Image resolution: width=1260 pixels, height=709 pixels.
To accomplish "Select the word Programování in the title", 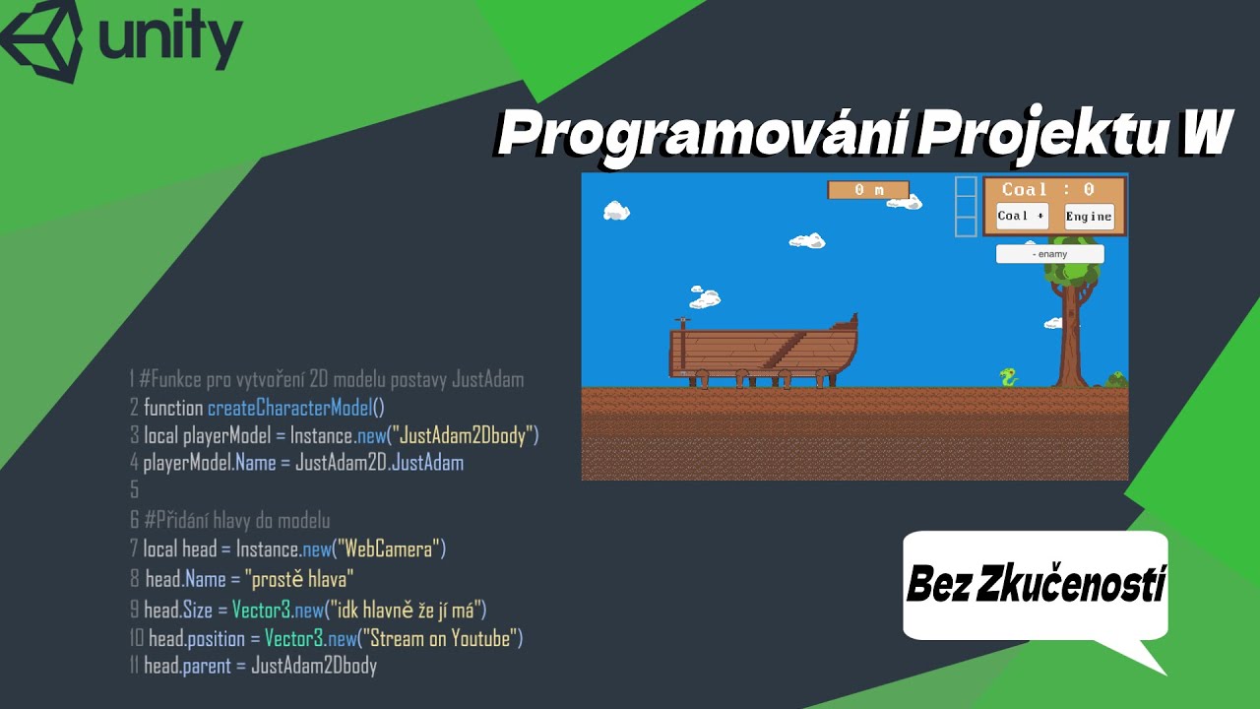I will (x=702, y=136).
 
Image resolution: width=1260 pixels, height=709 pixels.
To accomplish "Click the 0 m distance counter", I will (x=868, y=190).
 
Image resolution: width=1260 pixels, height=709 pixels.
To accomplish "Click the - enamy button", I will (x=1049, y=254).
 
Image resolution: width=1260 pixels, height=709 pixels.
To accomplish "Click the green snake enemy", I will (x=1008, y=377).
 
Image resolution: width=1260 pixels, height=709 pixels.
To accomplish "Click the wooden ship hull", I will (x=763, y=351).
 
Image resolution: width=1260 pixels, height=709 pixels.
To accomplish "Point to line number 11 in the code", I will (x=135, y=666).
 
